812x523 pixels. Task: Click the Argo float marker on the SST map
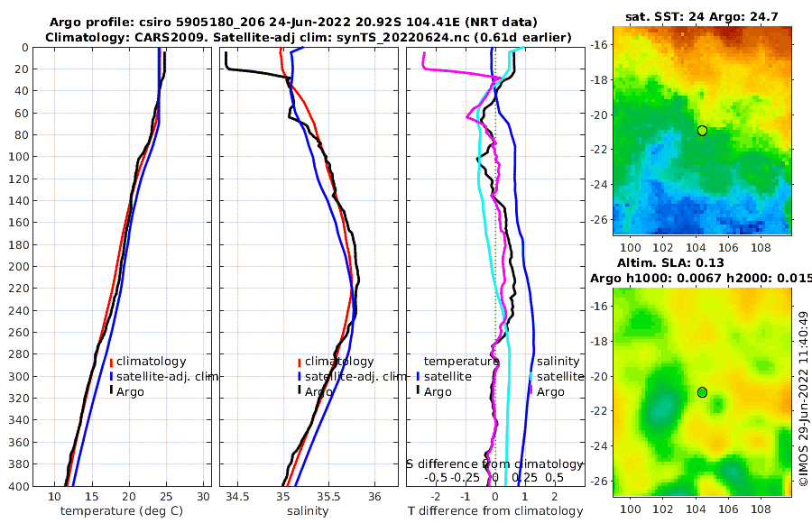(x=702, y=131)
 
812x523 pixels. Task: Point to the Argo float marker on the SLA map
(x=702, y=392)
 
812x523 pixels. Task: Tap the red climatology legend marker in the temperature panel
(x=111, y=362)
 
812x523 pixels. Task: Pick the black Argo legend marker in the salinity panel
(x=299, y=391)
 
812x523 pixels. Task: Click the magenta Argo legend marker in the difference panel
(x=531, y=391)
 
